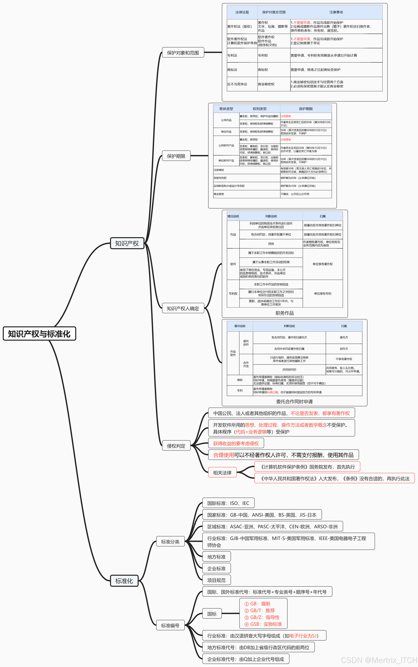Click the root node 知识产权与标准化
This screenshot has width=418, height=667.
pos(39,334)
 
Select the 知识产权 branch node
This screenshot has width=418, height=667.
pos(127,243)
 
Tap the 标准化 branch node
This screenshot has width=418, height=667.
pos(124,581)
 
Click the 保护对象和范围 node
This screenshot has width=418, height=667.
pos(183,52)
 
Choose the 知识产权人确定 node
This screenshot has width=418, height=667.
pos(183,308)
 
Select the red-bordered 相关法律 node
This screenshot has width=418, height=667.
pos(222,473)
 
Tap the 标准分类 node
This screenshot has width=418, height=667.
pos(170,542)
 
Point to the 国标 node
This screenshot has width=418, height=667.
pos(212,614)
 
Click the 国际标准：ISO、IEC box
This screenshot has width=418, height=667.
pos(228,503)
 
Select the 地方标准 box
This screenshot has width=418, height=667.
pos(216,557)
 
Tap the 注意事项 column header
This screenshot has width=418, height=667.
pos(336,12)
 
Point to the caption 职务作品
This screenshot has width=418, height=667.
pos(284,313)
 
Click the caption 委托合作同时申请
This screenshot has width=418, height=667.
pos(294,401)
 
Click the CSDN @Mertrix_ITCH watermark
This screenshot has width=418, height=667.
pos(379,660)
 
